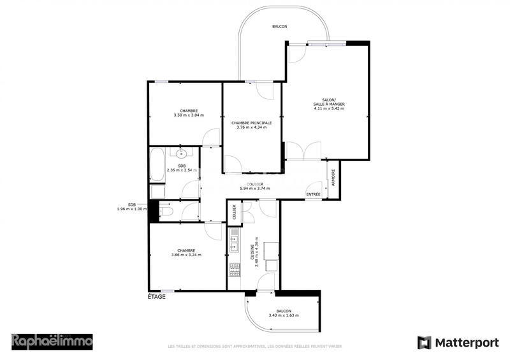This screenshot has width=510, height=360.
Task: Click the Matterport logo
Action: pos(458,343)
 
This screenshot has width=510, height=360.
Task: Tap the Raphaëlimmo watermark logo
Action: pos(52,341)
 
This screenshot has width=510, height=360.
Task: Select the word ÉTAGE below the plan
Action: pos(157,297)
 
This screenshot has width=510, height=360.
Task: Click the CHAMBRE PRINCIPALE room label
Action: pos(251,123)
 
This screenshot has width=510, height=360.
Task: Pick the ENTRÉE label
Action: pos(313,194)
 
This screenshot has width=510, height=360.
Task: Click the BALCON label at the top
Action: pos(279,27)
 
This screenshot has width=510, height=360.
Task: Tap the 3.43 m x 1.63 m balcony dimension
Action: pos(284,316)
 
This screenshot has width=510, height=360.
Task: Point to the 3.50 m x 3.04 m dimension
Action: pos(188,115)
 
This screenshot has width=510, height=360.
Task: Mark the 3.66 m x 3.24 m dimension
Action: pos(186,256)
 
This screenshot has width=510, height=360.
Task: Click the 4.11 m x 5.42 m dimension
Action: pos(329,109)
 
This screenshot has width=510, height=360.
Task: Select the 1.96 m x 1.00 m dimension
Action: pos(132,209)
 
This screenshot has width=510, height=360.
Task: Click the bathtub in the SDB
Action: pos(157,164)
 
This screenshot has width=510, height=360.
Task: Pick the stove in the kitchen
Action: pos(233,270)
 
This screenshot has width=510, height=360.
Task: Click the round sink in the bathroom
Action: pos(182,154)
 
